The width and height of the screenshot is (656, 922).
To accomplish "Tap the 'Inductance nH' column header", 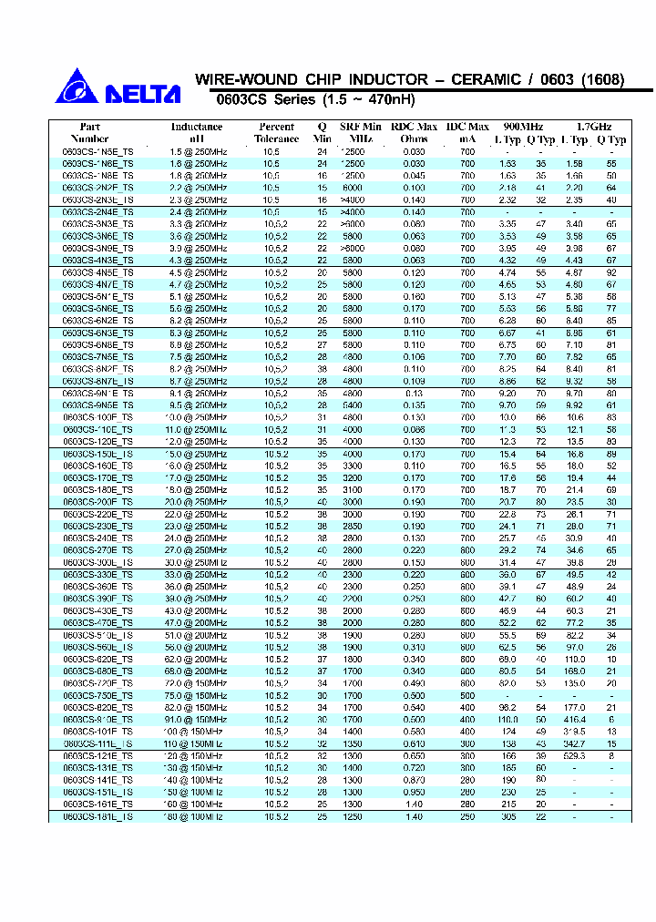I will click(x=197, y=133).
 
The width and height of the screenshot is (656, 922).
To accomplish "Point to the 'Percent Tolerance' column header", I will click(x=276, y=133).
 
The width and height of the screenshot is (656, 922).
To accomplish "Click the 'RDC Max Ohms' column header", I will click(x=414, y=133).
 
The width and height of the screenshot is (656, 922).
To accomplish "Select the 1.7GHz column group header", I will click(x=594, y=127).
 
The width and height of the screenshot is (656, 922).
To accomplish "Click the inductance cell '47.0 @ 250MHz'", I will click(x=197, y=622).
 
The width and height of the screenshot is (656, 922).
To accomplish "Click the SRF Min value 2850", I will click(x=352, y=526).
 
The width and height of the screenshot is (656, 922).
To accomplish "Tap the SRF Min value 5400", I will click(x=352, y=405).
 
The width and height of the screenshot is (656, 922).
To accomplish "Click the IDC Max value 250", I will click(x=467, y=817).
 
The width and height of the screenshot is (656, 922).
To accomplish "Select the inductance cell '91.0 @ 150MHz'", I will click(x=197, y=720).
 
